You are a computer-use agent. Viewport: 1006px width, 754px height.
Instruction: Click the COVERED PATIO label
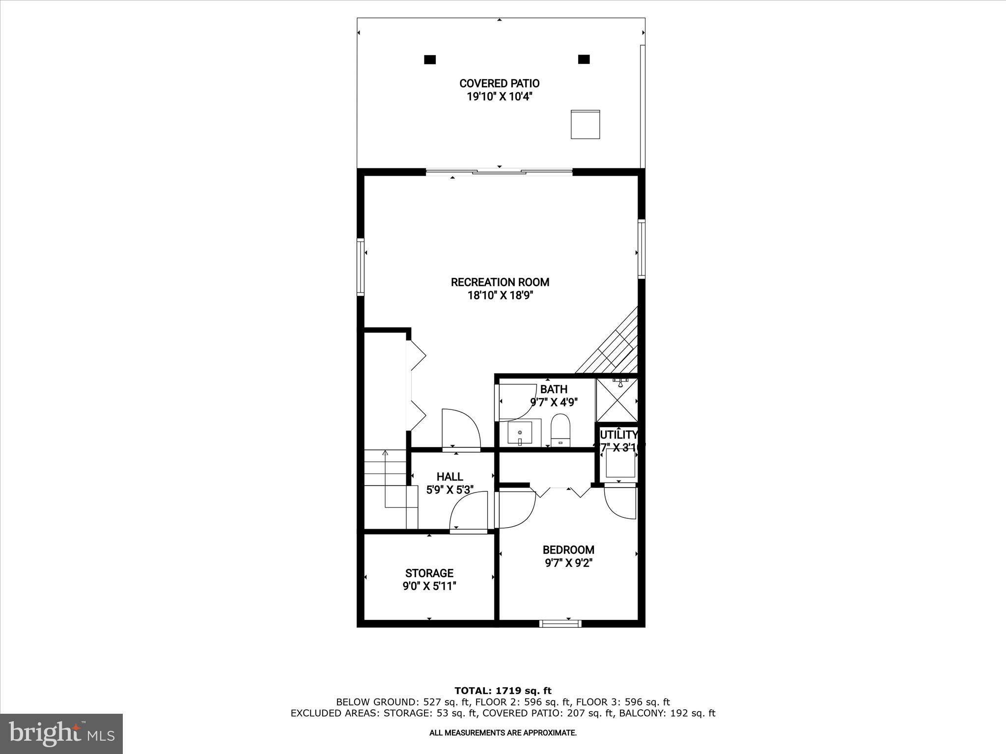click(499, 83)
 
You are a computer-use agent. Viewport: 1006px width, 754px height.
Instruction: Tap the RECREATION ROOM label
click(500, 282)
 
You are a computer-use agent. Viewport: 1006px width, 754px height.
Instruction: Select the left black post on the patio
click(430, 59)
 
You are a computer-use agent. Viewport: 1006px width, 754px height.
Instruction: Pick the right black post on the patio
click(584, 59)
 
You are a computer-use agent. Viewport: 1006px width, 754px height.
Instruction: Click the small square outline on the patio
click(585, 124)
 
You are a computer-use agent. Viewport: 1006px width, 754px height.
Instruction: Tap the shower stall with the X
click(616, 401)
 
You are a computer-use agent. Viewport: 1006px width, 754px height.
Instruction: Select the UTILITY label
click(618, 434)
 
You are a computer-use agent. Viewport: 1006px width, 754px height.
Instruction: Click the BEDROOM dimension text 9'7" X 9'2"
click(568, 563)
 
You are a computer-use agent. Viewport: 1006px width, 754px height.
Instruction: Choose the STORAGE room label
click(429, 573)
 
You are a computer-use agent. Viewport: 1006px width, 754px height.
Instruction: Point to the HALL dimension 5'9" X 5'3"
click(449, 490)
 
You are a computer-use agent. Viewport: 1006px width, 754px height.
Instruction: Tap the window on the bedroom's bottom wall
click(560, 624)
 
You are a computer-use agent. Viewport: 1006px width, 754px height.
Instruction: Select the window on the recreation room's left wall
click(361, 267)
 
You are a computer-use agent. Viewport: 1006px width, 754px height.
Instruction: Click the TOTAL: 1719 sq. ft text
click(503, 691)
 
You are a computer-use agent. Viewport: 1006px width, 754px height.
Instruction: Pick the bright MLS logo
click(61, 733)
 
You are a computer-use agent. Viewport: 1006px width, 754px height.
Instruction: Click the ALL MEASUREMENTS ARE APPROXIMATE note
click(503, 733)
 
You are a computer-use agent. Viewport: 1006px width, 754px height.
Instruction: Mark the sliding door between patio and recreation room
click(499, 172)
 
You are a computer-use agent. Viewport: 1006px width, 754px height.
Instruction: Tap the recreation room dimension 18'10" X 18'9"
click(500, 296)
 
